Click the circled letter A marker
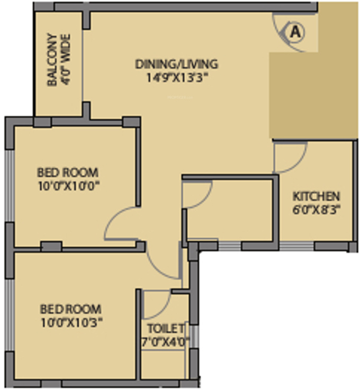(296, 32)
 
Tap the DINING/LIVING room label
(176, 65)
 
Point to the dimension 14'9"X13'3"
(176, 78)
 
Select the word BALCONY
(52, 60)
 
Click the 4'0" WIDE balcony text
(66, 60)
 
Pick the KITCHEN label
(317, 196)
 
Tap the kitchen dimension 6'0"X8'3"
(317, 208)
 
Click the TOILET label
(166, 328)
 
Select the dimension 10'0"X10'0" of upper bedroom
(68, 186)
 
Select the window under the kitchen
(296, 246)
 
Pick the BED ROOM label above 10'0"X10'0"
(67, 173)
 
